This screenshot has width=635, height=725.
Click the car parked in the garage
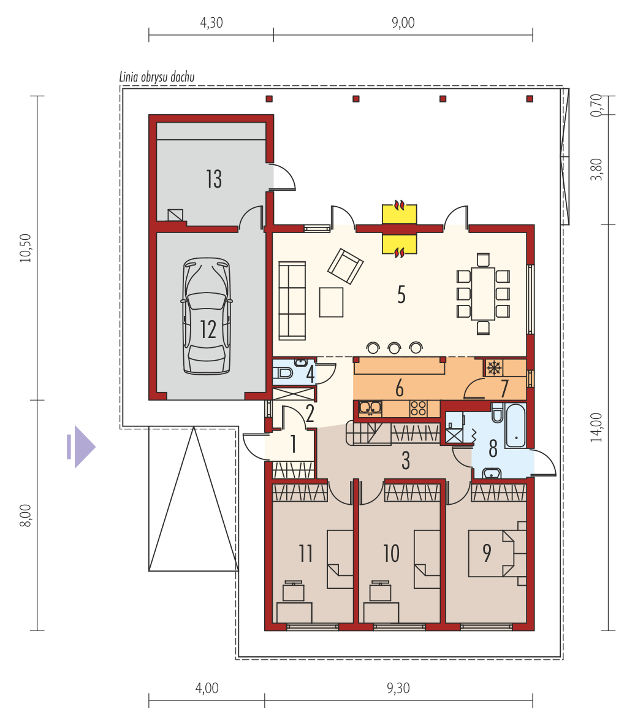[206, 316]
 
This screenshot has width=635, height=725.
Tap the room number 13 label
[214, 179]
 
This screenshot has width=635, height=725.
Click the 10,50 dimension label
[26, 248]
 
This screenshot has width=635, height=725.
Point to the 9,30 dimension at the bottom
[398, 688]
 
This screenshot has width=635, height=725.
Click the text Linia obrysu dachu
[157, 77]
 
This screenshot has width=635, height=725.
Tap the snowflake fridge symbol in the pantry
[494, 368]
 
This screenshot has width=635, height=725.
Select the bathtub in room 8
[515, 426]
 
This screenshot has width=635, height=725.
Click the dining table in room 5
[483, 293]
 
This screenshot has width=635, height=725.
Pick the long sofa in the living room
[292, 301]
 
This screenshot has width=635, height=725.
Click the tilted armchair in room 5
[345, 266]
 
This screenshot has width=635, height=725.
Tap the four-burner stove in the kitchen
[418, 409]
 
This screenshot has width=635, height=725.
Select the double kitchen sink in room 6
[370, 409]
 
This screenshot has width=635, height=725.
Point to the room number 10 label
[391, 553]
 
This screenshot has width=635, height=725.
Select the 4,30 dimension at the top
[211, 23]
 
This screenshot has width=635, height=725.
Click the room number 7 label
[504, 388]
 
